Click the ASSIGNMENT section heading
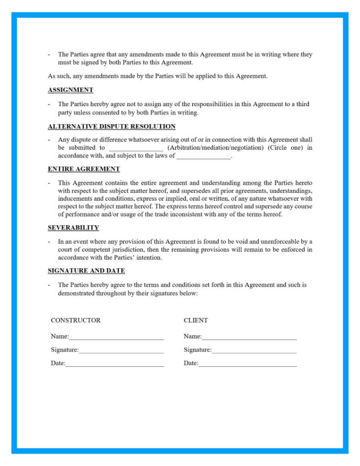click(x=71, y=90)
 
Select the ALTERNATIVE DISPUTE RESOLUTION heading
click(x=112, y=127)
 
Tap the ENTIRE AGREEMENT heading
click(x=84, y=169)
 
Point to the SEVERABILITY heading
click(x=73, y=228)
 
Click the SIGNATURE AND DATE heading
click(x=86, y=271)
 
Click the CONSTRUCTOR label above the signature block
click(x=76, y=320)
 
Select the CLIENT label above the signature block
click(x=196, y=320)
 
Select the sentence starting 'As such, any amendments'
click(x=157, y=76)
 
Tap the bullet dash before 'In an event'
click(x=49, y=242)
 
